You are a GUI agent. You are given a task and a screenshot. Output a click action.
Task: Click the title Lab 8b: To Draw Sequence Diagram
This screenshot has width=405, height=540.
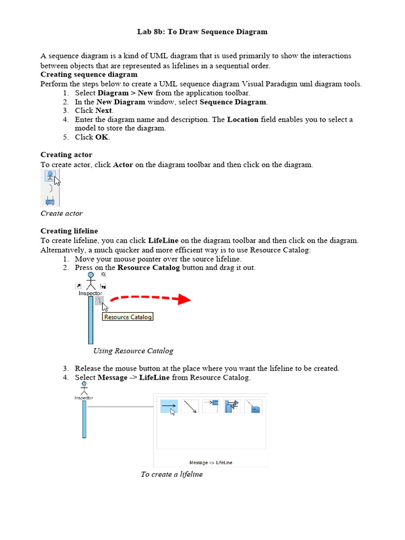tap(202, 32)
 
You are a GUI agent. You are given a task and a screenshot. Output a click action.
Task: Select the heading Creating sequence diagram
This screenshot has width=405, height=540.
tap(89, 74)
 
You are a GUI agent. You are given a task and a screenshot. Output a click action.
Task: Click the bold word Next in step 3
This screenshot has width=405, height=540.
tap(103, 111)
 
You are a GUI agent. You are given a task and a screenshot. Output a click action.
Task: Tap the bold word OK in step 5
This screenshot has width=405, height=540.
tap(102, 137)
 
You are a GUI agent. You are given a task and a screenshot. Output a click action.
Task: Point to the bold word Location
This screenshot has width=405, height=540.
tap(243, 120)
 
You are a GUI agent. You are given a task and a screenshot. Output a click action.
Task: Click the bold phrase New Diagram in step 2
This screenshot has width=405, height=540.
tap(121, 102)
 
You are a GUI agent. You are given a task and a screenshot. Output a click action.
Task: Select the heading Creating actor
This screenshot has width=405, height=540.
tap(66, 155)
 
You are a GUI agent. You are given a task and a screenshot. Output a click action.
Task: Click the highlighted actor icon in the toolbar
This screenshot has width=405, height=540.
tap(50, 176)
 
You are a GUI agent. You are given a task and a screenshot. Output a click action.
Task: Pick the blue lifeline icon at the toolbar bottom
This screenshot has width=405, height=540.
tap(50, 201)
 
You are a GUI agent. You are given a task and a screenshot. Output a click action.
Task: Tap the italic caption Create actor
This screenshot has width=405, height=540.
tap(62, 214)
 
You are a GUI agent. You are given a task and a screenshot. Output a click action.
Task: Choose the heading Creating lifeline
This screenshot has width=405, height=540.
tap(69, 231)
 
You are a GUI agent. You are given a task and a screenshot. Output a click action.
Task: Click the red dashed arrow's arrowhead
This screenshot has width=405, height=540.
tap(184, 299)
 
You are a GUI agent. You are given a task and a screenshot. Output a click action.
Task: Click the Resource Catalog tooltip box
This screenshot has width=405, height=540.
tap(128, 317)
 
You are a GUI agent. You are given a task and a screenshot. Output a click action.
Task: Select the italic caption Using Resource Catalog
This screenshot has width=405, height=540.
tap(133, 351)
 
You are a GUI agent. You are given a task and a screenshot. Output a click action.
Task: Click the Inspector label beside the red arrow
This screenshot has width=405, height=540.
tap(90, 293)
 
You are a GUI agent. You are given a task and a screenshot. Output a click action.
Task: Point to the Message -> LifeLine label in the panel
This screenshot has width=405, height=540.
tap(210, 462)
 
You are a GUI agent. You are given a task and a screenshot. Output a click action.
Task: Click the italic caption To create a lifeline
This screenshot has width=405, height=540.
tap(171, 474)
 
